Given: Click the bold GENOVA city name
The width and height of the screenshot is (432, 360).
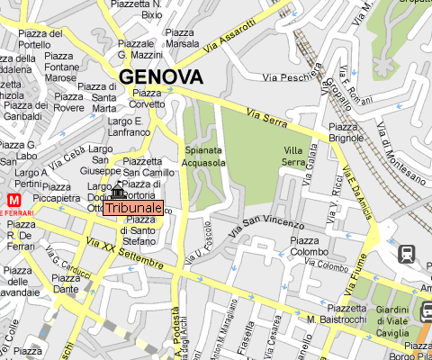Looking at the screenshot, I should (x=161, y=76).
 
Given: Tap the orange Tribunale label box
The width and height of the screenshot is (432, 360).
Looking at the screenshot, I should (x=133, y=208).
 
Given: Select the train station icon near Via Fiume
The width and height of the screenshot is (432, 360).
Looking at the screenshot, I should (x=407, y=254).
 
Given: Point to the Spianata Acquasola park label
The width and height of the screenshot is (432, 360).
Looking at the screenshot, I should (x=204, y=157).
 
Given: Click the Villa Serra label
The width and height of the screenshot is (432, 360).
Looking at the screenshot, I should (x=293, y=156).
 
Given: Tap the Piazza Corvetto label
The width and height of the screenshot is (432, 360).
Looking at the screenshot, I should (x=148, y=98).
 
